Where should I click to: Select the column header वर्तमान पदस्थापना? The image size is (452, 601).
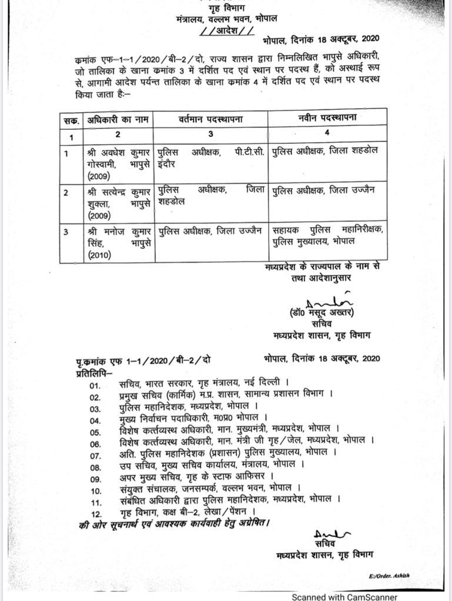211,119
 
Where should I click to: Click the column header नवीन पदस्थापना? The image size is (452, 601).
327,118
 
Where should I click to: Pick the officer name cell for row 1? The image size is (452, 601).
118,163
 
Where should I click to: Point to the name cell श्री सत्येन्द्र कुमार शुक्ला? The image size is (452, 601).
118,202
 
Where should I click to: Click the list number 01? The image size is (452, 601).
95,384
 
